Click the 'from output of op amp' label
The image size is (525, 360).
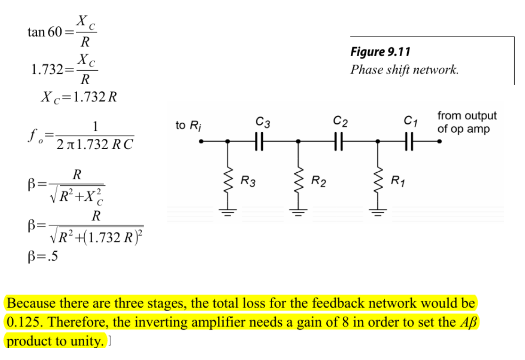(x=467, y=122)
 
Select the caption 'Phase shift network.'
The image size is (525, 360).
(x=404, y=70)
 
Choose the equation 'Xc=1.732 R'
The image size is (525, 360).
(x=79, y=97)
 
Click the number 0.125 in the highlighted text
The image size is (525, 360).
(x=23, y=322)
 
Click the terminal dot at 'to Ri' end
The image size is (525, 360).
(x=201, y=140)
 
